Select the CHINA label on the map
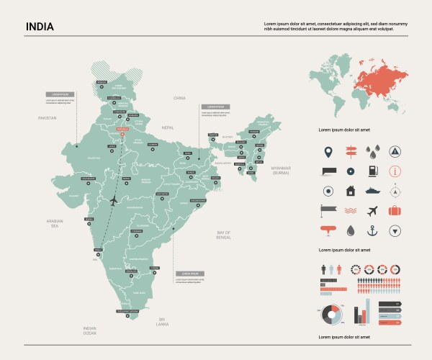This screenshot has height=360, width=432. point(179,97)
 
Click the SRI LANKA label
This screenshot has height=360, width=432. point(162,322)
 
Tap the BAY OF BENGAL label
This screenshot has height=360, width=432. point(223,234)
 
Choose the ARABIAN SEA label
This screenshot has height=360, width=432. point(55,223)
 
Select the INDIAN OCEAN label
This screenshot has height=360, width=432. point(89,330)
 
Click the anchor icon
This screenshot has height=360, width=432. point(372,231)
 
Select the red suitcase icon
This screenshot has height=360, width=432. point(395,211)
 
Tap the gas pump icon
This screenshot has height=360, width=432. point(372,171)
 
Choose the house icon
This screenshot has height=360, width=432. point(350,192)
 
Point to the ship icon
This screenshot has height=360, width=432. point(372,192)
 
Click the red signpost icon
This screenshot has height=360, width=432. point(350,152)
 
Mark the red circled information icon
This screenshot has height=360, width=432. point(395,171)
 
